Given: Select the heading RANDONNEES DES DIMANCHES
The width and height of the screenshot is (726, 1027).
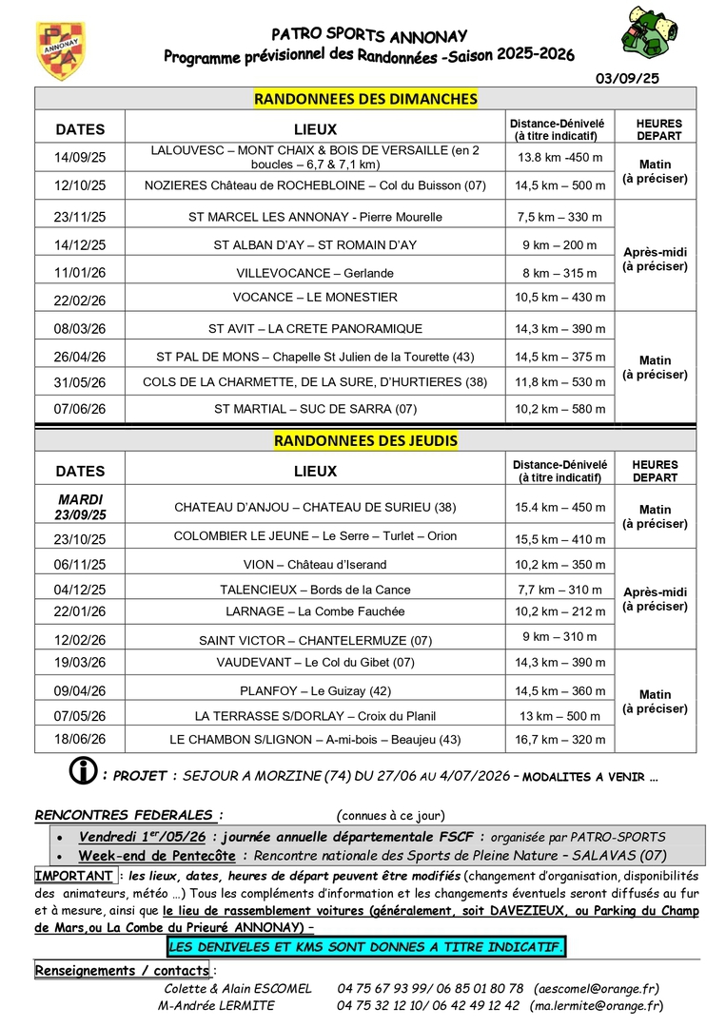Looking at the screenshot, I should coord(365,99).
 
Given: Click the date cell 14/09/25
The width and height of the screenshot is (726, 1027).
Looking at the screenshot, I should coord(81,157).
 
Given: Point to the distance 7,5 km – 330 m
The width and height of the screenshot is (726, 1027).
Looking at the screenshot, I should coord(559,217).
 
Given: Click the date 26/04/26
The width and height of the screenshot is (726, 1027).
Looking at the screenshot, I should coord(81,357).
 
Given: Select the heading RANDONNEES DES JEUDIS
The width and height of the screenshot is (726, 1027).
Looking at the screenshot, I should coord(365,440).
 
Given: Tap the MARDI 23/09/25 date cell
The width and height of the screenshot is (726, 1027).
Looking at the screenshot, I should coord(81,507).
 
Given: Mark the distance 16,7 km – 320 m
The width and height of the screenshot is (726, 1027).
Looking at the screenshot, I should coord(559,738).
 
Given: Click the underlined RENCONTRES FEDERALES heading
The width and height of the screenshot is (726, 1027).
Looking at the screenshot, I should coord(129,815).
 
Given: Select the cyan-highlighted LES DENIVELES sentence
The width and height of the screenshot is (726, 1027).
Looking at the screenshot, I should coord(365,947).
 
